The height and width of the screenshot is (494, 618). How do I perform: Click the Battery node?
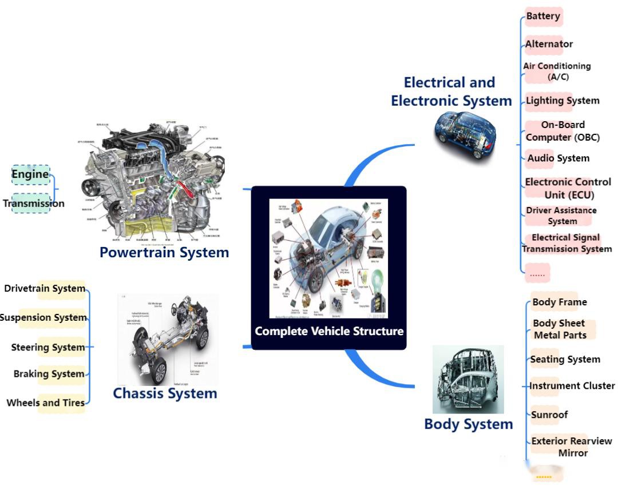coord(543,16)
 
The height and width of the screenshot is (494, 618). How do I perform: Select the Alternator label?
coord(549,44)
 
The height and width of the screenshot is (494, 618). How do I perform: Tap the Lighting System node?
coord(562,101)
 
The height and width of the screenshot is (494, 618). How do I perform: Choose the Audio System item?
coord(558,158)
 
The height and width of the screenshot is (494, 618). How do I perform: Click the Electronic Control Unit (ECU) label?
coord(568,188)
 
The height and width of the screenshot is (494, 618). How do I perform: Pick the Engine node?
coord(30,174)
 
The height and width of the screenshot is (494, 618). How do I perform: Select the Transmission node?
coord(33,203)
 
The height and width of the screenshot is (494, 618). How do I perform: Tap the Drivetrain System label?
coord(45,288)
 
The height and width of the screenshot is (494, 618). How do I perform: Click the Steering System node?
coord(48,347)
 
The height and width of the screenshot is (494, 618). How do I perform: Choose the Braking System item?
coord(49,374)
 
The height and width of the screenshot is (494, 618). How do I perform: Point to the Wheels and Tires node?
coord(46,403)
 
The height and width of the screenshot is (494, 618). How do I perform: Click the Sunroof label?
coord(549,415)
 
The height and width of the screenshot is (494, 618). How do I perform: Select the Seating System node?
coord(565,360)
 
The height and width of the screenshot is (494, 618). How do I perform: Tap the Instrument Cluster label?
coord(572,386)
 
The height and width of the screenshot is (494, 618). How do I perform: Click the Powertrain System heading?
coord(164,252)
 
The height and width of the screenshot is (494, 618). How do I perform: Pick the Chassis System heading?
coord(165,393)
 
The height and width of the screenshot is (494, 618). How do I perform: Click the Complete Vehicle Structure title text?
coord(328,331)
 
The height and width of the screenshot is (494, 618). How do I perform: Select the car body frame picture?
coord(468,379)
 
